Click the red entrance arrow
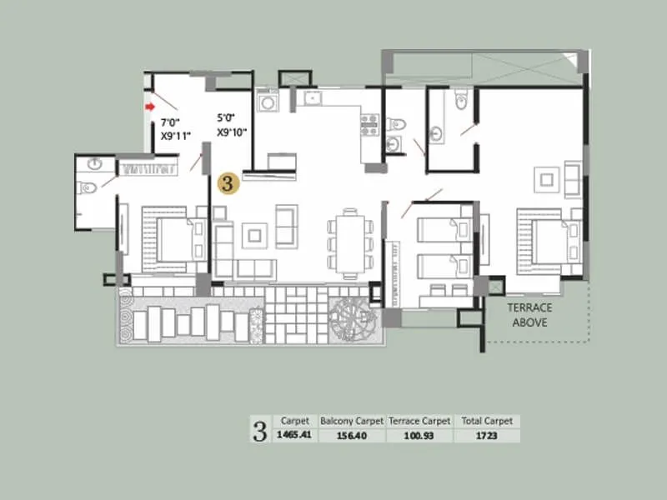pyautogui.click(x=150, y=107)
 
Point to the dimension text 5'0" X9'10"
pyautogui.click(x=233, y=125)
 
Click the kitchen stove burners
pyautogui.click(x=369, y=124)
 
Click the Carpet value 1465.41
pyautogui.click(x=295, y=435)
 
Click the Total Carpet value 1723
pyautogui.click(x=487, y=435)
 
